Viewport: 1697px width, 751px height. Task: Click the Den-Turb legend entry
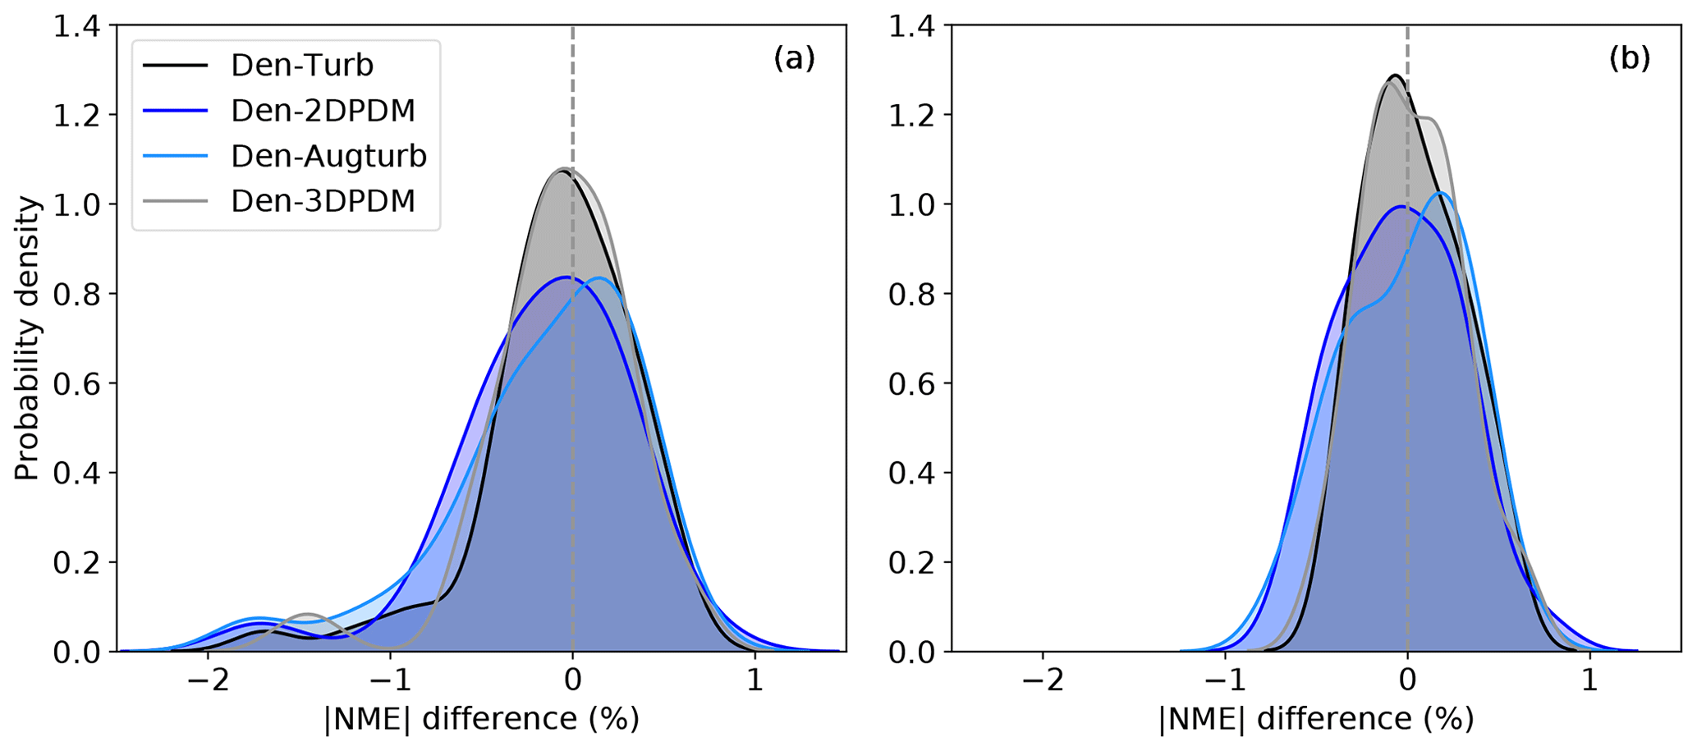pos(301,65)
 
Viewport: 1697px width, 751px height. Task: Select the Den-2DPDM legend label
pos(323,110)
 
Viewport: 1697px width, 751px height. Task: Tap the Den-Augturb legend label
pos(328,155)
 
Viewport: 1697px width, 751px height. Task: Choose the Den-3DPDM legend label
pos(323,200)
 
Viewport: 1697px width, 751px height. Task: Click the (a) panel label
pos(794,58)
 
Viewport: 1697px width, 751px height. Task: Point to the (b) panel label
pos(1629,58)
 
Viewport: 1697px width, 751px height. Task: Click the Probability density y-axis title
pos(26,338)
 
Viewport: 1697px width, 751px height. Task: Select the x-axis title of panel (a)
pos(482,719)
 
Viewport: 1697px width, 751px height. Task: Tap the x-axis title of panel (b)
pos(1316,719)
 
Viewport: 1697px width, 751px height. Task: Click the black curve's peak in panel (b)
pos(1393,76)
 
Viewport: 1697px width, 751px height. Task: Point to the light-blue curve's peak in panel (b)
pos(1441,194)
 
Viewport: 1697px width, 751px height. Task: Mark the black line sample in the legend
pos(176,65)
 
